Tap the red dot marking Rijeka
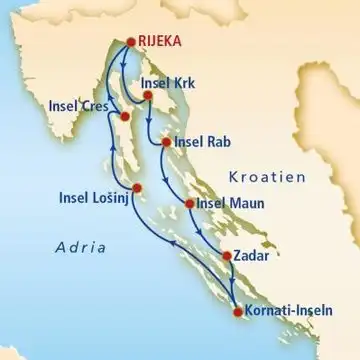point(130,42)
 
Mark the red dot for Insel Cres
point(123,118)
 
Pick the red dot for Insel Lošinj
point(138,188)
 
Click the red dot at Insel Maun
point(190,206)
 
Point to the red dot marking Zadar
point(227,255)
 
